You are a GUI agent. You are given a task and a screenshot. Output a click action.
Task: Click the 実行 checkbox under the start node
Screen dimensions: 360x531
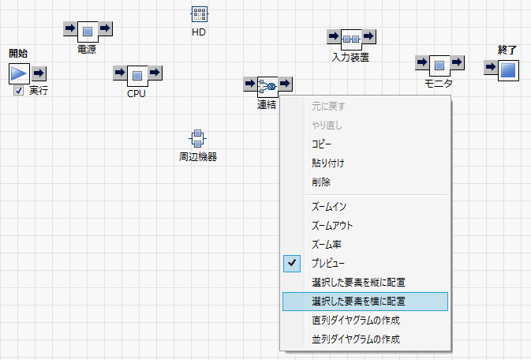click(18, 91)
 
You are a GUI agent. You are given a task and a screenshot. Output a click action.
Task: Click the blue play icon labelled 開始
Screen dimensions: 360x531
click(19, 73)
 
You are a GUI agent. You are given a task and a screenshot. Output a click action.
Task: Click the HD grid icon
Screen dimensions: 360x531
click(199, 14)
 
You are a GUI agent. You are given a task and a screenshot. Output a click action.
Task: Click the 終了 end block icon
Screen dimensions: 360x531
click(507, 69)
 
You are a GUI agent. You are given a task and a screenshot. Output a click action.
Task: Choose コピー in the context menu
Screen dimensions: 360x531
click(322, 144)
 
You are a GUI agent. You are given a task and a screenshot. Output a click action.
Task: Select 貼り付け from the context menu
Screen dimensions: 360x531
click(327, 163)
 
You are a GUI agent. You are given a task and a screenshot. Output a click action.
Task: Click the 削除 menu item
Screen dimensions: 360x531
click(321, 182)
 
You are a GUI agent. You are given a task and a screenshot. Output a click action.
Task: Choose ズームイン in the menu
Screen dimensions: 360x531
click(329, 206)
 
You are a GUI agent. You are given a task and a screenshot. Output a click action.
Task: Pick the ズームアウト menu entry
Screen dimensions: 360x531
click(332, 225)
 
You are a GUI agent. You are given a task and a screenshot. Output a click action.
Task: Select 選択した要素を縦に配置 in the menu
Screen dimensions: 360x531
click(358, 282)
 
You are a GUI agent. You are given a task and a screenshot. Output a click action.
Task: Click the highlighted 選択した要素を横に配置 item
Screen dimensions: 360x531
click(358, 301)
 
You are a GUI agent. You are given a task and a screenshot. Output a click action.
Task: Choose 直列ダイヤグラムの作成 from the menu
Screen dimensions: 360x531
click(356, 321)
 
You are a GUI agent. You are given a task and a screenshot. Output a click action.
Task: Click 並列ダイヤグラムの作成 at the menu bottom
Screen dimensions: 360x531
click(356, 339)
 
